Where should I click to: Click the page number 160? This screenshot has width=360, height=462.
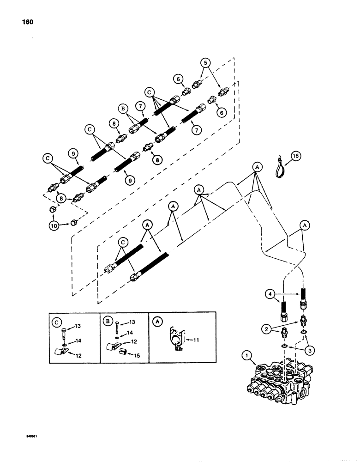[x=27, y=22]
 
